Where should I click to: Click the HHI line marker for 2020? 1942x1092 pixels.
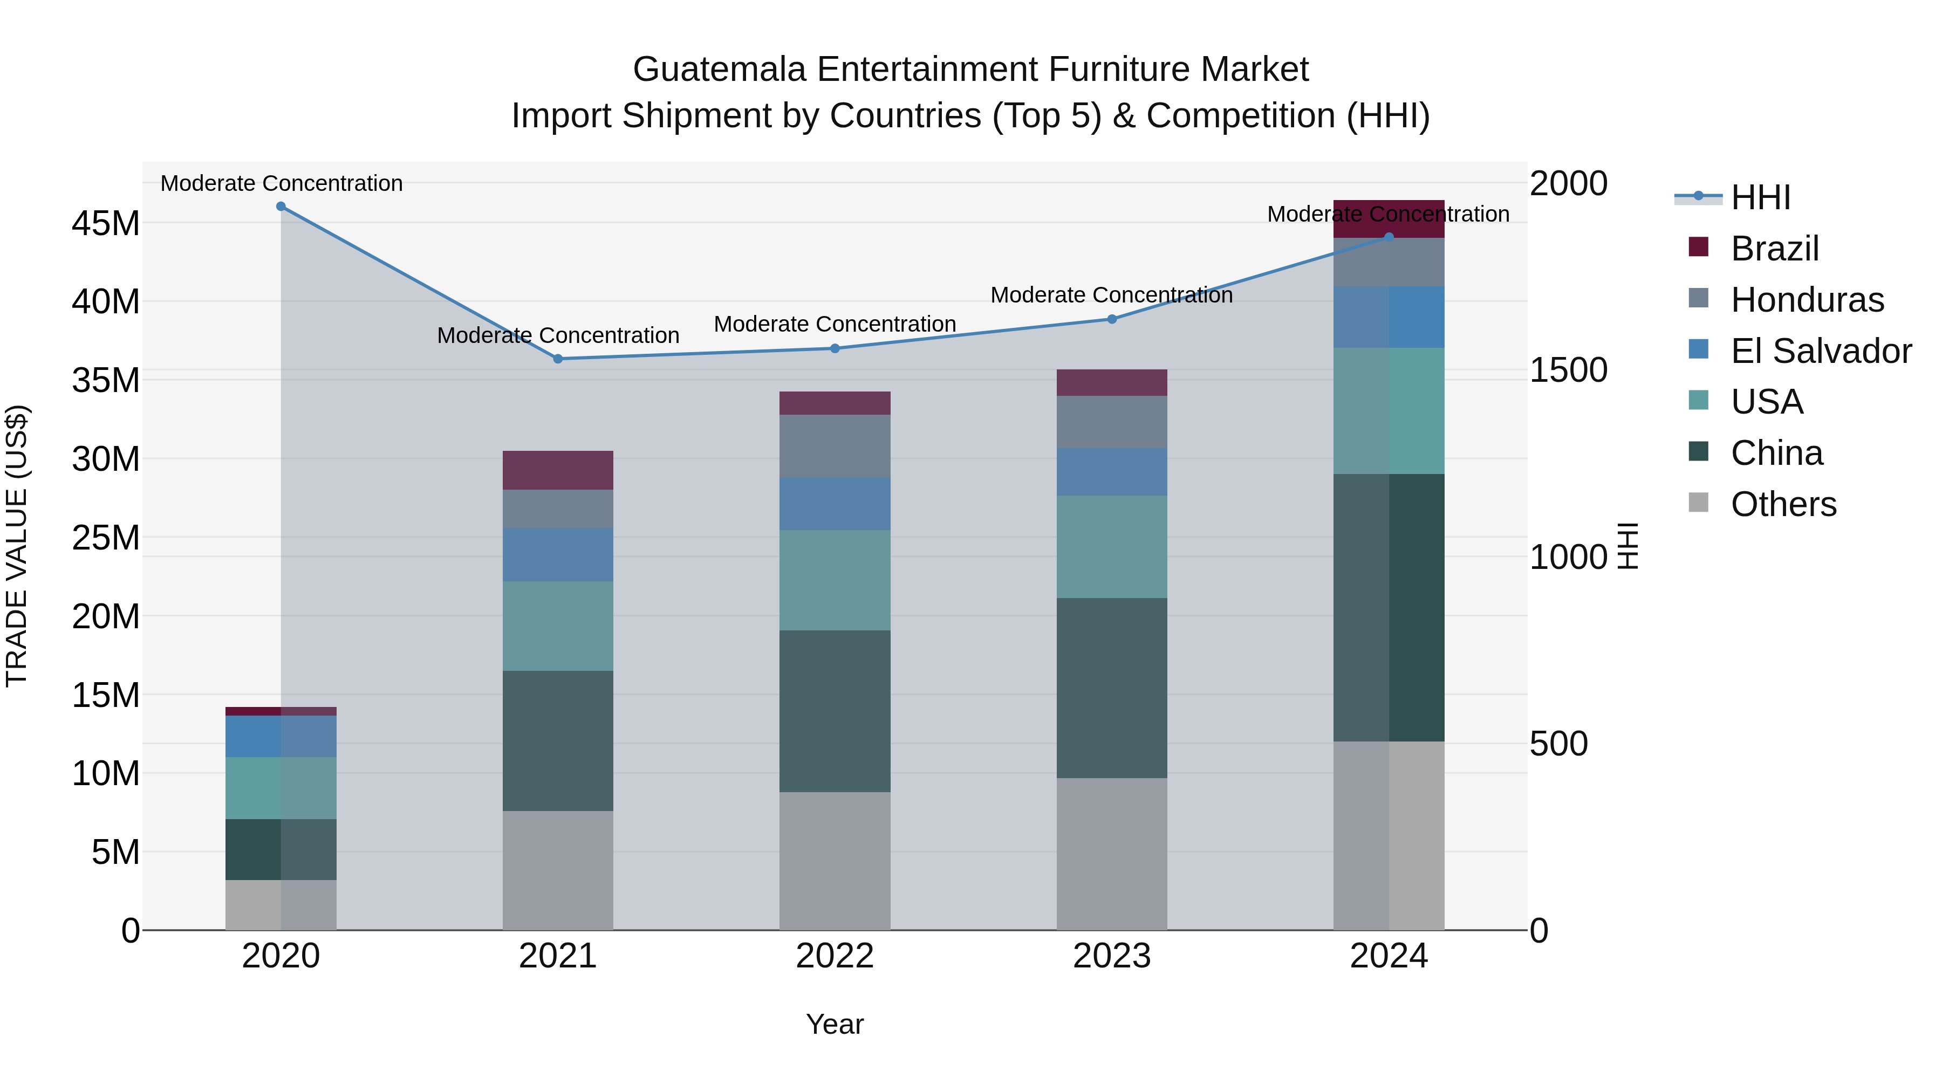click(x=281, y=207)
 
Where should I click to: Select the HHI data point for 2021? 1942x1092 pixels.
click(x=558, y=359)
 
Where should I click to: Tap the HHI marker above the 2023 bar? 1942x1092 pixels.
click(x=1111, y=319)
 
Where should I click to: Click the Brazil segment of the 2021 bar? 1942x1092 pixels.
click(x=558, y=470)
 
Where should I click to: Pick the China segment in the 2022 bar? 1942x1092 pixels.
click(x=835, y=711)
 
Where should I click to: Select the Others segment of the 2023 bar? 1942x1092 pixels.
click(x=1111, y=853)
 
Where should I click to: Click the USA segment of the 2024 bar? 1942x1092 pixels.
click(x=1389, y=411)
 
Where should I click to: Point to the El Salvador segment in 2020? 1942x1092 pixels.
click(x=281, y=736)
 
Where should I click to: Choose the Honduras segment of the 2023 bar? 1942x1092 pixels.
click(x=1111, y=422)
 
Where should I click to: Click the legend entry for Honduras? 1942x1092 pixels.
click(x=1807, y=300)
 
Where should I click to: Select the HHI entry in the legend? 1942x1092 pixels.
click(x=1760, y=197)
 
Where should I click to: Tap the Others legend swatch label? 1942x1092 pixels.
click(x=1783, y=504)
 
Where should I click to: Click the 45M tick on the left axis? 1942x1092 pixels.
click(x=106, y=224)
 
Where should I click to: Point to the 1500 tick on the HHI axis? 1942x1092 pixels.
click(x=1568, y=370)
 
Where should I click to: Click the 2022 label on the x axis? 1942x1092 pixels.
click(x=835, y=956)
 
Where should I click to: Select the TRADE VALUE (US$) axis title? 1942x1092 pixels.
click(x=17, y=546)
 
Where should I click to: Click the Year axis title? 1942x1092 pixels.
click(x=835, y=1024)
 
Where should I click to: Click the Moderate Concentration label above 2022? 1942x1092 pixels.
click(x=835, y=324)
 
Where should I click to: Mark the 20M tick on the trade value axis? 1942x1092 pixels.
click(x=106, y=616)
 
